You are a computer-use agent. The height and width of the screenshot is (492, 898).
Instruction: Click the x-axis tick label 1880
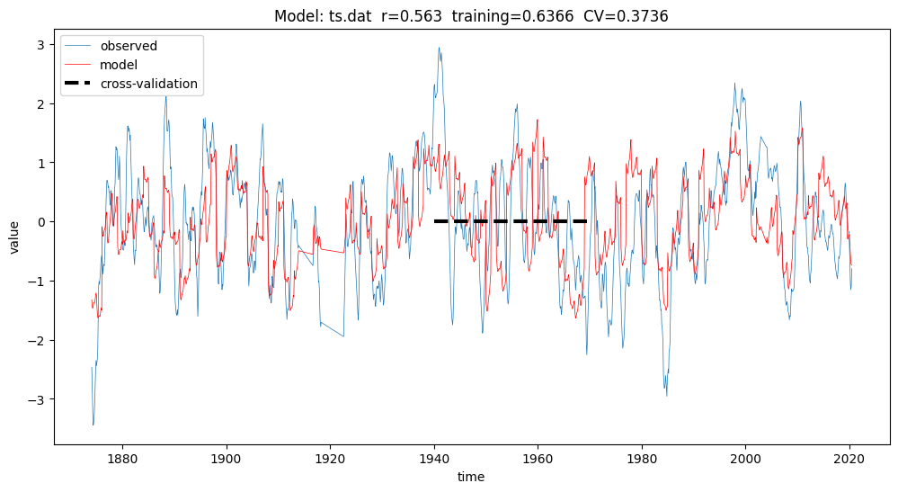[x=121, y=459]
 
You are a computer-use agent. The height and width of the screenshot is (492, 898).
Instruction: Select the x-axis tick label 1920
[x=330, y=459]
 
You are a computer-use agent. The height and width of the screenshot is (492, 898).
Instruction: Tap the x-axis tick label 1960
[x=538, y=459]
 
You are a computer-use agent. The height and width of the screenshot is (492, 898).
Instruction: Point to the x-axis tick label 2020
[x=849, y=459]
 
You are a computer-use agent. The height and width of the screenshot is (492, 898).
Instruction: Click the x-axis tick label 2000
[x=745, y=459]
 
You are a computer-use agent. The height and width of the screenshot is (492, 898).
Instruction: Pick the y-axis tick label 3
[x=40, y=44]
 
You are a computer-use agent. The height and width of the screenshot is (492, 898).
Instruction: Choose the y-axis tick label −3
[x=37, y=399]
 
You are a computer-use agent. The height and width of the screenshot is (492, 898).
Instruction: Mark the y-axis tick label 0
[x=40, y=222]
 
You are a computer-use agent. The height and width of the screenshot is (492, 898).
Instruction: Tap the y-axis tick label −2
[x=37, y=340]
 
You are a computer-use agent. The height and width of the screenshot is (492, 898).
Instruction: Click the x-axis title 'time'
[x=471, y=477]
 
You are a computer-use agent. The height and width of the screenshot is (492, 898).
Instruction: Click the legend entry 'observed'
[x=129, y=47]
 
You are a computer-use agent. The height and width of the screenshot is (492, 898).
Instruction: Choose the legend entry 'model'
[x=119, y=66]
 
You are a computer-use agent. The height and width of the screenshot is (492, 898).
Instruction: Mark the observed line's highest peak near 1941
[x=439, y=48]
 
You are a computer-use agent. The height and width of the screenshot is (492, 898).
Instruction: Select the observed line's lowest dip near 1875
[x=93, y=425]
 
